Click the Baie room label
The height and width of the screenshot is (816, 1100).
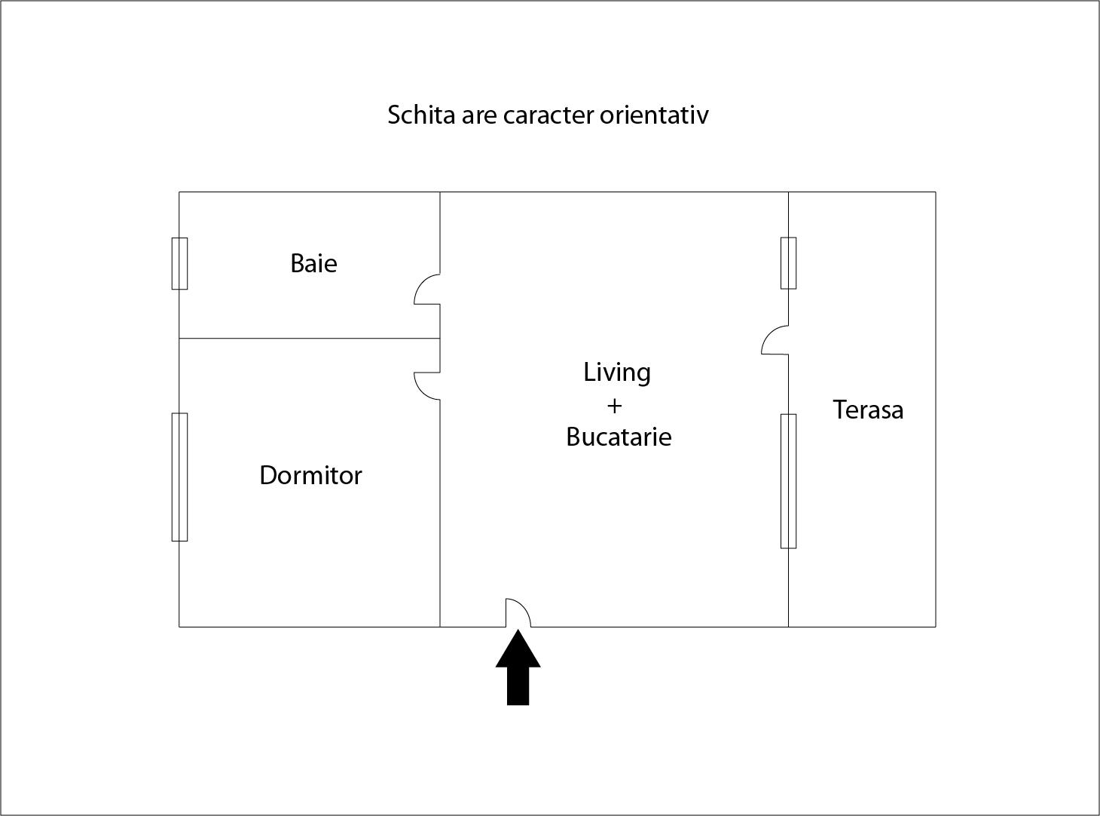click(x=313, y=263)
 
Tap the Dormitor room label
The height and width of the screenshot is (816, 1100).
click(x=311, y=475)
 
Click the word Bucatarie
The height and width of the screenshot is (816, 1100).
click(x=619, y=437)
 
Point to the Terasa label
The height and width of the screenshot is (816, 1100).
click(x=868, y=410)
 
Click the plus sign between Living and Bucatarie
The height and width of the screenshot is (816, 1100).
click(x=615, y=406)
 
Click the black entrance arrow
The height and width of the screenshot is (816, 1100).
click(x=518, y=667)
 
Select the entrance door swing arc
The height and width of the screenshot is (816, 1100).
click(x=518, y=613)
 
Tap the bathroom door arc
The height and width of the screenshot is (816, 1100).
click(x=427, y=289)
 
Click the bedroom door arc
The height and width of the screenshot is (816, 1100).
click(x=427, y=386)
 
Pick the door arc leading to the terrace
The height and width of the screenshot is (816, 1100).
click(x=775, y=340)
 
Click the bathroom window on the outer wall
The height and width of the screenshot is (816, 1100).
click(x=179, y=263)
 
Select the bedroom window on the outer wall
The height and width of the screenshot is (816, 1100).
click(x=179, y=477)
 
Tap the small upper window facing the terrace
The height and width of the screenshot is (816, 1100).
click(x=789, y=262)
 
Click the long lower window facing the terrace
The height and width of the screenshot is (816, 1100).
click(x=789, y=481)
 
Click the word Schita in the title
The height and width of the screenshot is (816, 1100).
click(x=421, y=115)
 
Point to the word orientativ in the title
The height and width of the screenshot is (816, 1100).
click(x=654, y=115)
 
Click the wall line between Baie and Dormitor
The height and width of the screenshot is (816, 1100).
click(x=310, y=338)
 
